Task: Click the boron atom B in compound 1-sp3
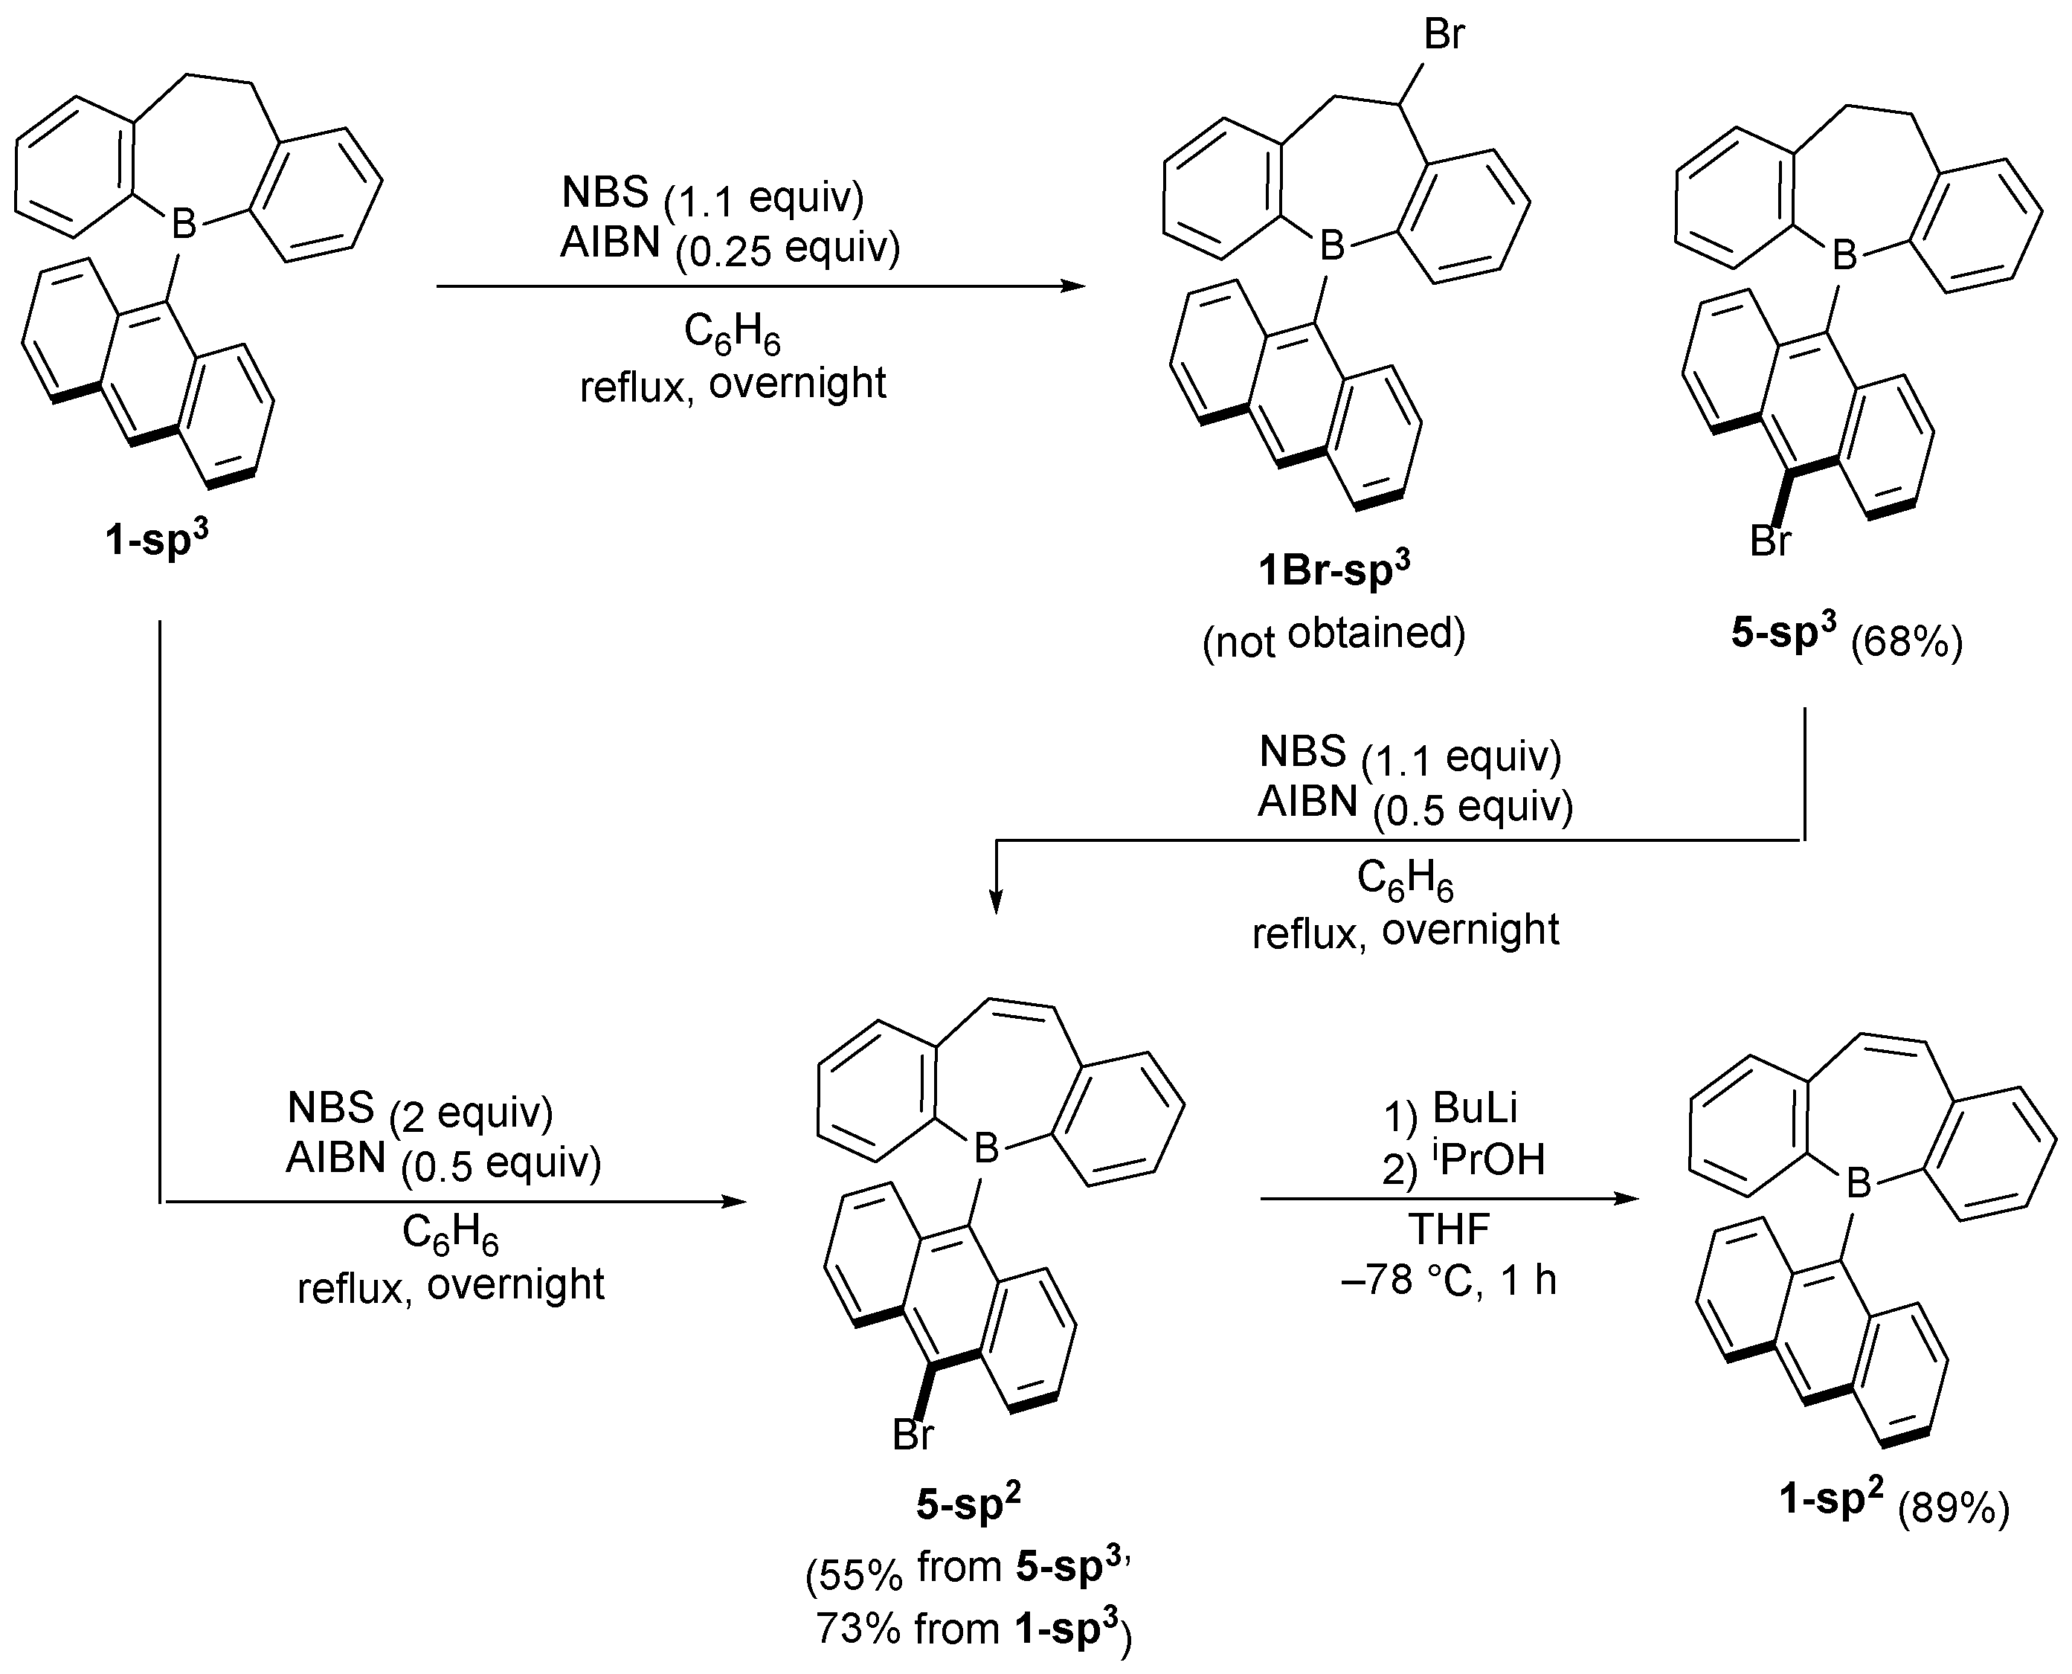coord(183,224)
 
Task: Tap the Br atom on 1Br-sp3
coord(1444,36)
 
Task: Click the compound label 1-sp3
coord(156,539)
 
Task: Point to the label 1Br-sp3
coord(1333,571)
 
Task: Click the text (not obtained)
coord(1333,635)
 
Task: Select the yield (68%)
coord(1906,641)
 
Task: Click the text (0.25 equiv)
coord(787,250)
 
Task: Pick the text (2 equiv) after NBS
coord(471,1114)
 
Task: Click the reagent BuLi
coord(1476,1108)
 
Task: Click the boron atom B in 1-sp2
coord(1858,1184)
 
